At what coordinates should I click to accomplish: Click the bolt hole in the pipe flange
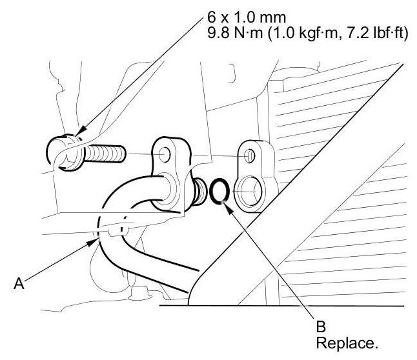tap(166, 155)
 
